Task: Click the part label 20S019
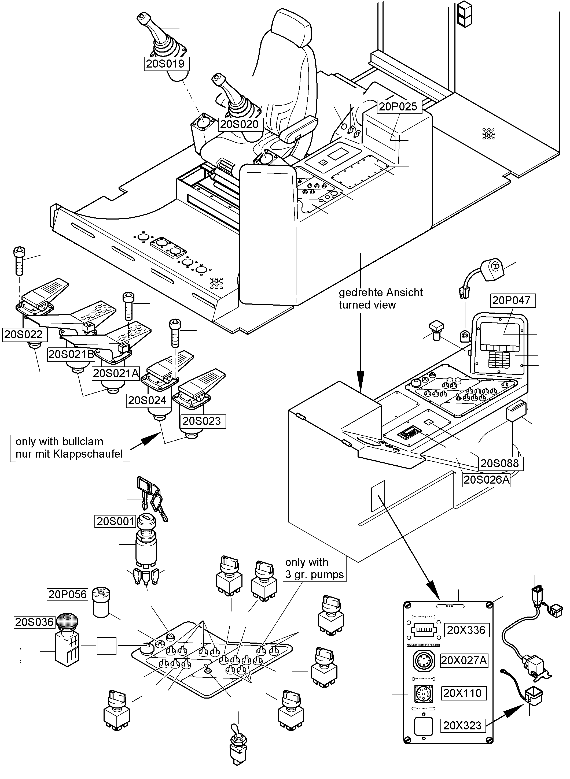(166, 64)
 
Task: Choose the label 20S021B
(71, 354)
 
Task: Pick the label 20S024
(147, 401)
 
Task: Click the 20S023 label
(202, 421)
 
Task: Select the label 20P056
(68, 595)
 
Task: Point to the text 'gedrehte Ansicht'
(381, 292)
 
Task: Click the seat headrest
(290, 29)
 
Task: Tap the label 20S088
(500, 463)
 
